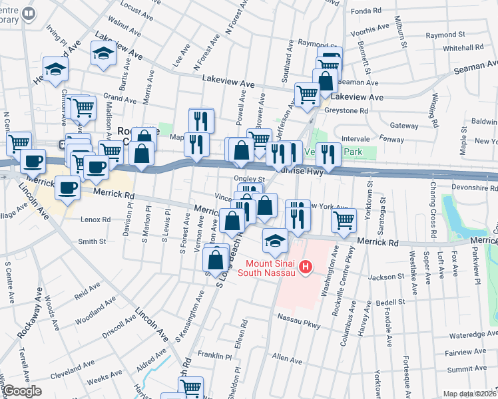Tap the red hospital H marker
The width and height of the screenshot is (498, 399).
coord(306,267)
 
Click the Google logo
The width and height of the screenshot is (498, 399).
coord(22,391)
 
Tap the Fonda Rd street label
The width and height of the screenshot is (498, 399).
coord(367,11)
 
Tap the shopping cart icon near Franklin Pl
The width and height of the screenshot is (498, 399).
coord(191,386)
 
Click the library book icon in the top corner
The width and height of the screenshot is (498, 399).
coord(29,13)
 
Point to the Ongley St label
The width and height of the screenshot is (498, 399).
coord(249,179)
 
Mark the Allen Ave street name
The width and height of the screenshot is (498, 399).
coord(287,358)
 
